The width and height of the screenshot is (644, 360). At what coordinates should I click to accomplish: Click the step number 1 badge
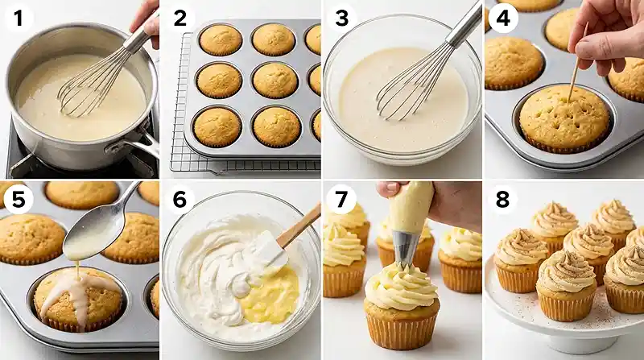[19, 19]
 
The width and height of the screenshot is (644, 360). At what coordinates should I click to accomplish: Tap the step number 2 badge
[180, 19]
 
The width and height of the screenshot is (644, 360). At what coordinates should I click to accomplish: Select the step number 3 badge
[341, 19]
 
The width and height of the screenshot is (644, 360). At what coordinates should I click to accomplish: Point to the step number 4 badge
[503, 19]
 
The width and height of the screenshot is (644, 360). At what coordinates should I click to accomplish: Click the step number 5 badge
[19, 200]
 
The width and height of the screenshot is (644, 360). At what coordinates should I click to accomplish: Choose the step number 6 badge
[180, 200]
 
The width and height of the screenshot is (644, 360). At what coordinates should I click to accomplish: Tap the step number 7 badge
[341, 200]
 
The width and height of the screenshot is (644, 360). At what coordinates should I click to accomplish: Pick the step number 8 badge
[503, 200]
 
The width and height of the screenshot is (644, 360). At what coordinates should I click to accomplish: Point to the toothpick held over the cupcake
[578, 63]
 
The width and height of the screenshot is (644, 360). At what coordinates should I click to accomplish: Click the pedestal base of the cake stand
[587, 344]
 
